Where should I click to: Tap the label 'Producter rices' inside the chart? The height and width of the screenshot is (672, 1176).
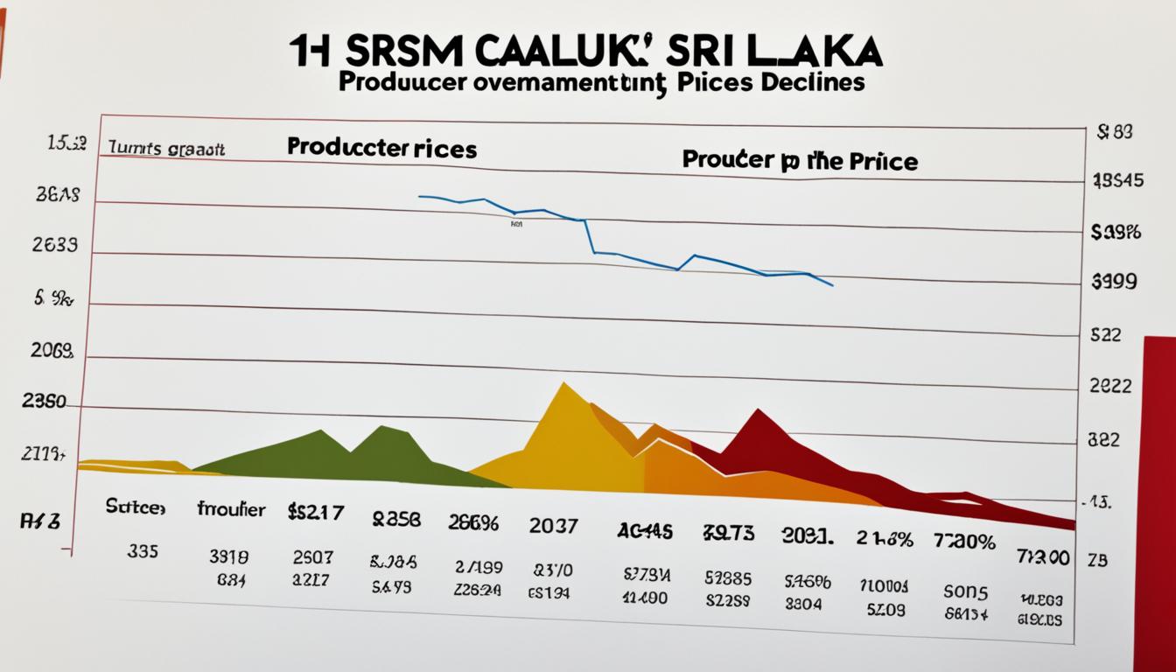coord(381,148)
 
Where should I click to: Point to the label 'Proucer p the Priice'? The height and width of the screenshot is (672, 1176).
coord(800,161)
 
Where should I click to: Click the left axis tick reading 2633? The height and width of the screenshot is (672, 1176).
coord(54,245)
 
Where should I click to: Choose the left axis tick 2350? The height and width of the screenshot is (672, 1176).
coord(43,402)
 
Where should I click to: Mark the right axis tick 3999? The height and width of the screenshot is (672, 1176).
coord(1114,282)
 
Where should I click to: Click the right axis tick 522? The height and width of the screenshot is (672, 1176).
coord(1106,334)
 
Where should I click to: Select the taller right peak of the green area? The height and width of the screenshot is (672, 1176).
coord(382,427)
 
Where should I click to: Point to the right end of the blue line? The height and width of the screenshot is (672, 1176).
coord(832,285)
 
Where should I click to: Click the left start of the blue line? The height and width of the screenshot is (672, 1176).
coord(420,196)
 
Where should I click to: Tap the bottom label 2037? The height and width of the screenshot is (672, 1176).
coord(553,526)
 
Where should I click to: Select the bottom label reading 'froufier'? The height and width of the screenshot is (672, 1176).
coord(231,509)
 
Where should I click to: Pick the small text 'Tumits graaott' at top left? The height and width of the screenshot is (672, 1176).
coord(167,149)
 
